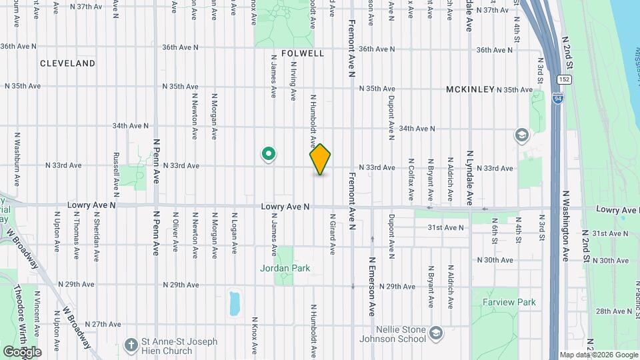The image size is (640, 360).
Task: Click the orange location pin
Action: coord(320,159)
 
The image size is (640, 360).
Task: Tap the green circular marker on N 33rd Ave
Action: coord(269,155)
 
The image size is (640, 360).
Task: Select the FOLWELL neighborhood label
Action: coord(302,53)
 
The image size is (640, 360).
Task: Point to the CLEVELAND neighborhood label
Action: coord(67,63)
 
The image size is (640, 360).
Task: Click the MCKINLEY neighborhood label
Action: coord(470,89)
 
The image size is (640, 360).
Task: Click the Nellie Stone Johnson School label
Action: coord(397,333)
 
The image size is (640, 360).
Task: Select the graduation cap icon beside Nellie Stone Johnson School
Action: coord(436,332)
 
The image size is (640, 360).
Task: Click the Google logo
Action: coord(22,351)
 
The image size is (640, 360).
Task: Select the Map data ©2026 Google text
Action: coord(598,355)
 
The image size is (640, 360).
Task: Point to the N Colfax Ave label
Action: coord(411,180)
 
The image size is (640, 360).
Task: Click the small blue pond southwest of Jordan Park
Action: coord(234,303)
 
